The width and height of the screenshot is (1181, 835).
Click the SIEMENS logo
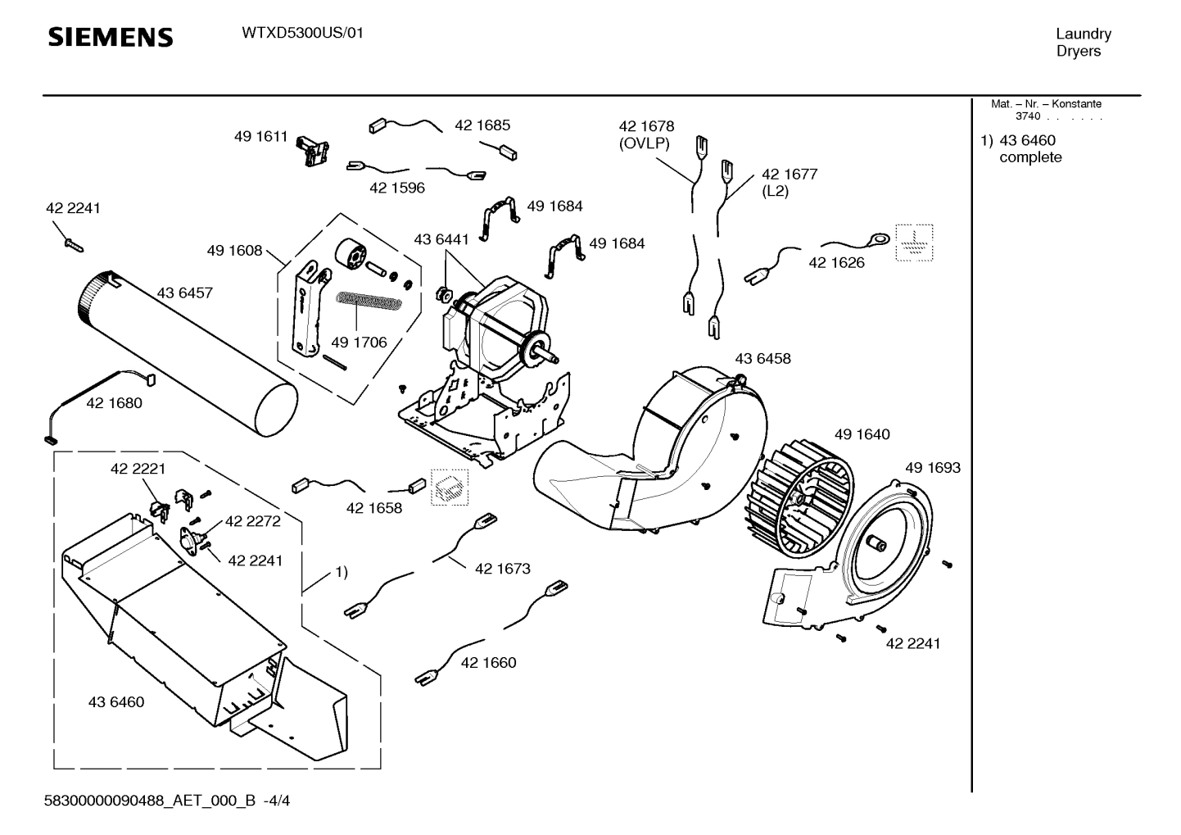tap(111, 38)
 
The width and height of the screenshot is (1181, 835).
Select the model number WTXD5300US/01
tap(302, 34)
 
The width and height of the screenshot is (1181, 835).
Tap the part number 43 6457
tap(184, 293)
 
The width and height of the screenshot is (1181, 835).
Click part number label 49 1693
tap(932, 468)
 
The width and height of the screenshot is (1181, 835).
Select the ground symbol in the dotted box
tap(913, 243)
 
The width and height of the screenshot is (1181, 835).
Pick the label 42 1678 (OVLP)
tap(646, 134)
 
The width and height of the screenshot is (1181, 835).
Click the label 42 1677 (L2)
tap(789, 182)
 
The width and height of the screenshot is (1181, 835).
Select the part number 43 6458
tap(762, 358)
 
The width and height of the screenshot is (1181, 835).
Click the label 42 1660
tap(488, 662)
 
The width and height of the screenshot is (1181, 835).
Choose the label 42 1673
tap(502, 568)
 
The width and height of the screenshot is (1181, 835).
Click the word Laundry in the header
tap(1083, 34)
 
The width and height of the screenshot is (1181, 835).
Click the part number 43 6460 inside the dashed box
tap(115, 701)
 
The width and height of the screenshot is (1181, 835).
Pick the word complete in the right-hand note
tap(1030, 157)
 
